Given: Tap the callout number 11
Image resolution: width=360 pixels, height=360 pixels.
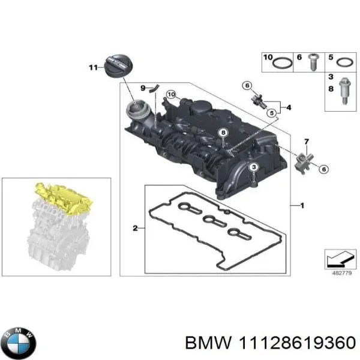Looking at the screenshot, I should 92,68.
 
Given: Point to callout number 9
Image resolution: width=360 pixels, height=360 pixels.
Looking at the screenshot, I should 143,88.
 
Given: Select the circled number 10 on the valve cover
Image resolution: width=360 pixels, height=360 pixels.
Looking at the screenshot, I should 171,95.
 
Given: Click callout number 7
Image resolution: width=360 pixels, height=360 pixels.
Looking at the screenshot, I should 306,142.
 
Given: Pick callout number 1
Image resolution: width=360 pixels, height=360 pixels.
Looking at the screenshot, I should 302,206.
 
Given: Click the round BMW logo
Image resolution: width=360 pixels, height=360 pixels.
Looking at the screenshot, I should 19,344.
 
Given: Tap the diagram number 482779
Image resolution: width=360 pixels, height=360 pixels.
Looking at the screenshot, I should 338,273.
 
